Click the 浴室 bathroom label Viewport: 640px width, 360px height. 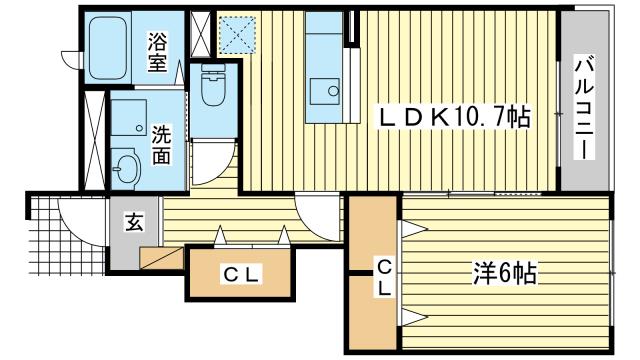point(158,52)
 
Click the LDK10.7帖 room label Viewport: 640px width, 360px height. point(452,117)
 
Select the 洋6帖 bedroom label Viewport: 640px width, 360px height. point(506,272)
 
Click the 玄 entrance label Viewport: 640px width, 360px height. point(132,223)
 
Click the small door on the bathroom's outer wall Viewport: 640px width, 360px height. point(68,57)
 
